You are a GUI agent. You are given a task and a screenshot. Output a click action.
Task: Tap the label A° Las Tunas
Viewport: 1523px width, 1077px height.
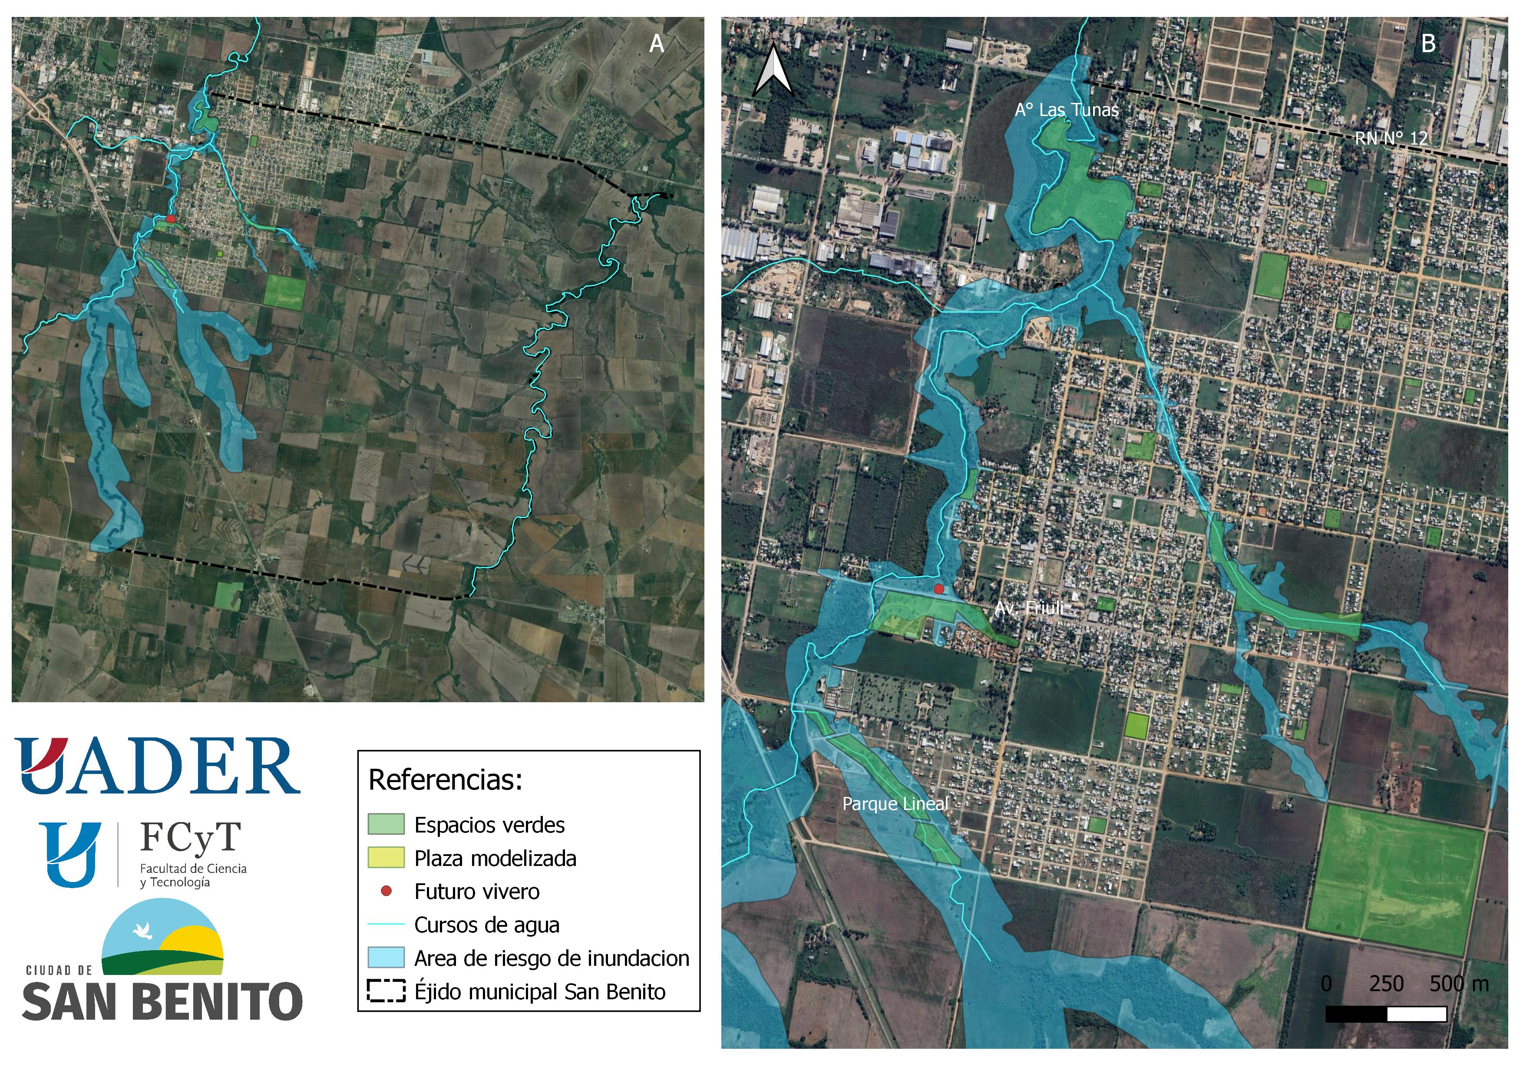1066,110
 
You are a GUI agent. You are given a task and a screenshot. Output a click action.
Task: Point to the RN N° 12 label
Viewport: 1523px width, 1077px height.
1391,139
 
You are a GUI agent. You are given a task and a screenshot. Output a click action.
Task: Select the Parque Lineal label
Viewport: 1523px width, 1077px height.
895,804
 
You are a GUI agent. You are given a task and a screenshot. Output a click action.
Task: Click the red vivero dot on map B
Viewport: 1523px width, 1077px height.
938,589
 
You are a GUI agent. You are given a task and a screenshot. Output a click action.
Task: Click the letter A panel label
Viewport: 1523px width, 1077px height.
656,44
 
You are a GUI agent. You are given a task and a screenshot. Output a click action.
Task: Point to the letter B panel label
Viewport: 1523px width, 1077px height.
1428,44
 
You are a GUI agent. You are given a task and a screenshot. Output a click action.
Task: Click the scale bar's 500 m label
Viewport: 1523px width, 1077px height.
1459,984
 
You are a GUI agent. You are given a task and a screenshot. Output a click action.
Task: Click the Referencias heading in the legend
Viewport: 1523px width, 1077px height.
445,780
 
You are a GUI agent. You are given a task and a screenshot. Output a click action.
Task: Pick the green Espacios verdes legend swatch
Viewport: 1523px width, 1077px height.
386,824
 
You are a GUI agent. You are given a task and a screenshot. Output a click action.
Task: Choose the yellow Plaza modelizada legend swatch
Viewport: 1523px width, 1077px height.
386,858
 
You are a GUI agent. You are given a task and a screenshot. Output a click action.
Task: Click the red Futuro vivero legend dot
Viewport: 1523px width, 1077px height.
386,891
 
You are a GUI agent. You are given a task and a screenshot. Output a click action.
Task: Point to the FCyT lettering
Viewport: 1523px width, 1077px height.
190,838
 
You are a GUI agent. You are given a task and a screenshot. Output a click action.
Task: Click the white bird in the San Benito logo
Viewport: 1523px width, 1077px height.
142,931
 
